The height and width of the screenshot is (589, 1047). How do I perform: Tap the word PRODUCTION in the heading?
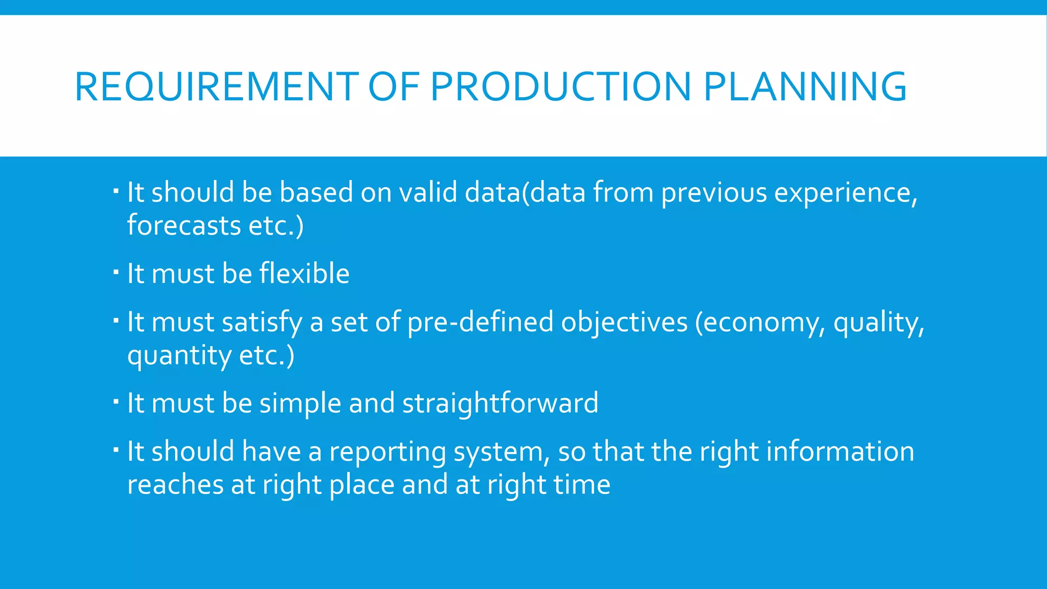[x=561, y=87]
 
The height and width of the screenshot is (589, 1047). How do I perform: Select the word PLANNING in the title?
[x=805, y=87]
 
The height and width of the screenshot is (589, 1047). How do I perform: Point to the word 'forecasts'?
[x=184, y=225]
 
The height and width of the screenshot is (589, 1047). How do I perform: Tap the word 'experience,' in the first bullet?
[x=846, y=193]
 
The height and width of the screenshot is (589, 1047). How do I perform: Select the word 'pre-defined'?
[x=480, y=323]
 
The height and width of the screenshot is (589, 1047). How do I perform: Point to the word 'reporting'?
[x=387, y=452]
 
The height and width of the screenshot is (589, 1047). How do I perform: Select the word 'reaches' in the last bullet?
[x=175, y=485]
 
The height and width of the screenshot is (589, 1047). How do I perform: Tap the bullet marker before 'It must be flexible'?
[x=116, y=271]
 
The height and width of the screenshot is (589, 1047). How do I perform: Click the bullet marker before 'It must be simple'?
[x=116, y=401]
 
